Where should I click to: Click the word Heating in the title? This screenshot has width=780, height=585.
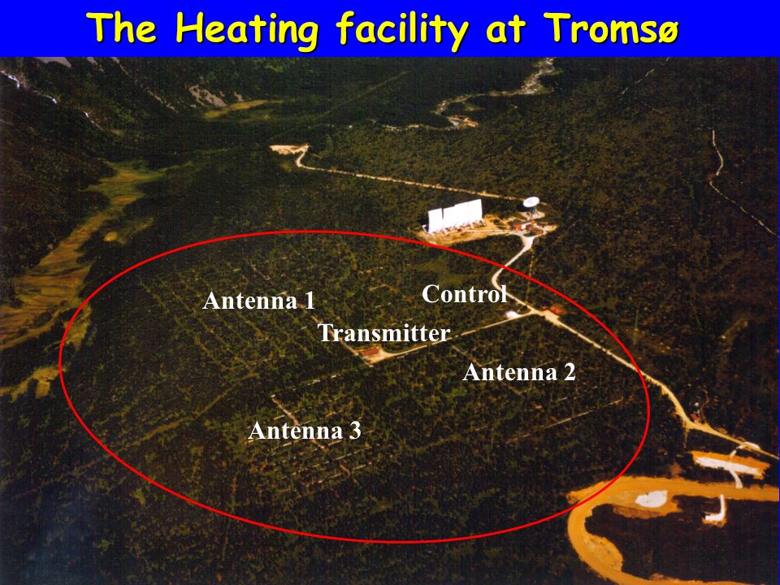[246, 29]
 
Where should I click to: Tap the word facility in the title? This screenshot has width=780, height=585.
[402, 29]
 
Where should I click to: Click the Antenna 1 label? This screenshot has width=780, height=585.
[258, 301]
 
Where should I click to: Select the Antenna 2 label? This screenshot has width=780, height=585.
[519, 372]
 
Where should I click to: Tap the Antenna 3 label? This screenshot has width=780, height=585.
[305, 431]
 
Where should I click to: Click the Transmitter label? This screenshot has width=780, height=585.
[383, 332]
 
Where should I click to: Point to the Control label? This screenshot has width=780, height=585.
[464, 293]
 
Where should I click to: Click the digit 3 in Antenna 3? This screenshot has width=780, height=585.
[355, 431]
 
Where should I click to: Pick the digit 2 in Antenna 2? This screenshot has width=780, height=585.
[570, 373]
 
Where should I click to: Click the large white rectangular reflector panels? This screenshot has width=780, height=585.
[455, 215]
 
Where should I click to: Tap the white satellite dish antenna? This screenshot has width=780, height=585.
[531, 202]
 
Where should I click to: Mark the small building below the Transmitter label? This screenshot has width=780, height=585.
[370, 352]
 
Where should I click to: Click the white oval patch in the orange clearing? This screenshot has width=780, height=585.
[651, 498]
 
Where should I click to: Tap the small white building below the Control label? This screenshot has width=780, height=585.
[512, 314]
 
